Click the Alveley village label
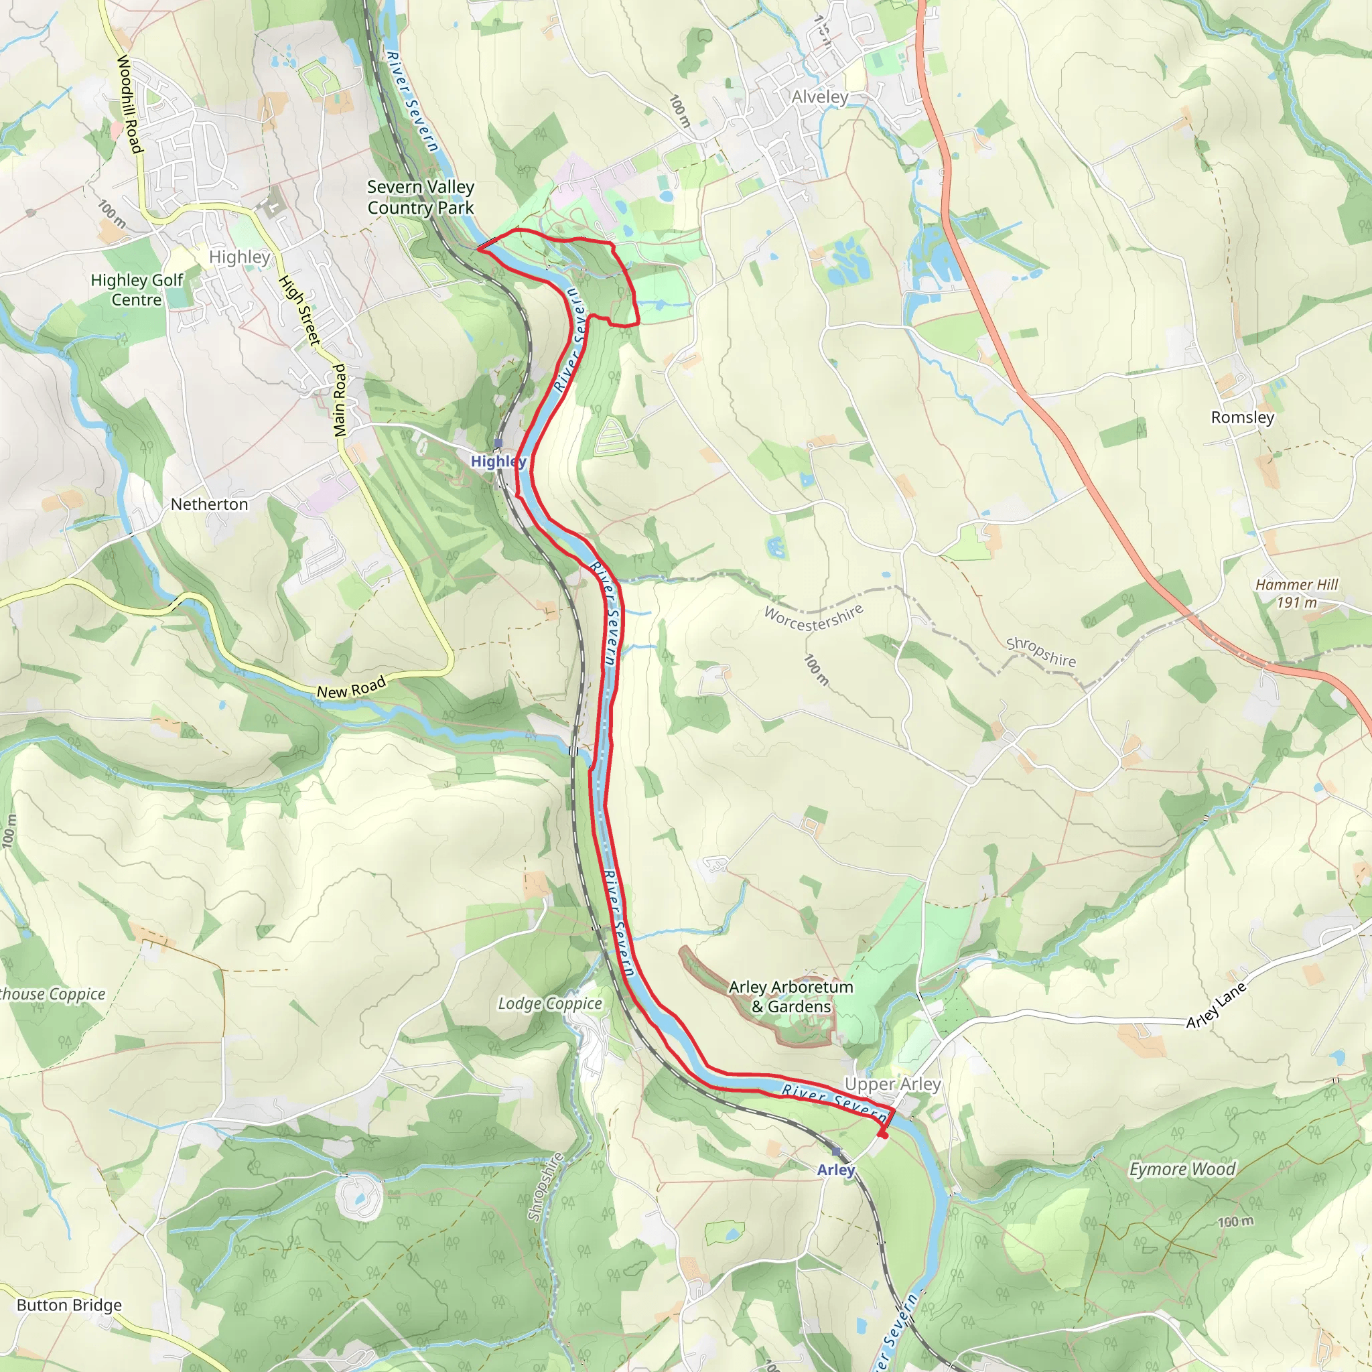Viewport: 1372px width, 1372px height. click(819, 96)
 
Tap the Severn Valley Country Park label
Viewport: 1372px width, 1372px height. click(421, 198)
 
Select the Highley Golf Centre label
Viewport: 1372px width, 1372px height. click(137, 289)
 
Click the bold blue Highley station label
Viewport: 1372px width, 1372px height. click(498, 461)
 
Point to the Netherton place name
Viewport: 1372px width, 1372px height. click(210, 504)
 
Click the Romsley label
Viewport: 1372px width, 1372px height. click(1243, 417)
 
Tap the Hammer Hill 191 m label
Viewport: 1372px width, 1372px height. click(1296, 593)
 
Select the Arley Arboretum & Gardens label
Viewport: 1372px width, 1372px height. click(791, 996)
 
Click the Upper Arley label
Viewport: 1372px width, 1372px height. click(892, 1085)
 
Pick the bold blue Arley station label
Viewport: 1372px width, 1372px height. click(836, 1170)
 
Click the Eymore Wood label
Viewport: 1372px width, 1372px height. click(1182, 1169)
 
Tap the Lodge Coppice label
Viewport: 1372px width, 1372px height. click(549, 1004)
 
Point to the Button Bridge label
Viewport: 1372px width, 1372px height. click(69, 1305)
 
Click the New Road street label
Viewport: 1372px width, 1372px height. click(351, 687)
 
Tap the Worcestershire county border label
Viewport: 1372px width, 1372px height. click(814, 617)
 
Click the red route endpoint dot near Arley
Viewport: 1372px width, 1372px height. click(883, 1135)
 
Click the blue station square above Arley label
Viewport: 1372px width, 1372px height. click(836, 1151)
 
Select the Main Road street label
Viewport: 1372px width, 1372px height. click(340, 401)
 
